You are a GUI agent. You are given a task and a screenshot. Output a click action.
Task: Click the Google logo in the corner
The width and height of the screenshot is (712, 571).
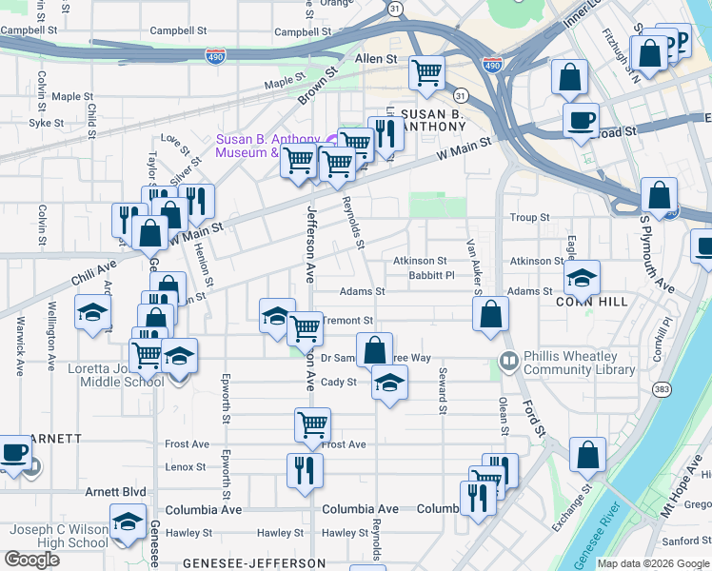[x=31, y=560]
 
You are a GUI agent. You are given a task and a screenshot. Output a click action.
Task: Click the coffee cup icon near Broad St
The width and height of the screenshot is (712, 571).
[x=580, y=121]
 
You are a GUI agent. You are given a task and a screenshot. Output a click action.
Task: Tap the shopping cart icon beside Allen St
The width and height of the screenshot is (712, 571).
[x=427, y=72]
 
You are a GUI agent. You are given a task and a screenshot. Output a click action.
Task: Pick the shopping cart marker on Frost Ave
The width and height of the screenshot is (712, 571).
[x=312, y=424]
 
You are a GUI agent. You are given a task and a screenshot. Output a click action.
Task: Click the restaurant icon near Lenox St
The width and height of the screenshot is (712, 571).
[x=305, y=470]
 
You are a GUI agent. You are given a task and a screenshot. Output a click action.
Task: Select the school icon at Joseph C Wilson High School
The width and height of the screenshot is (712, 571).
[x=128, y=522]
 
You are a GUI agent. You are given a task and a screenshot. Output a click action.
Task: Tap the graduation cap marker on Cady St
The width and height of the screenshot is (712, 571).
[x=388, y=382]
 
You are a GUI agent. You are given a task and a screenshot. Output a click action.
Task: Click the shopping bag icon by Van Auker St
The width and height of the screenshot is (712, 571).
[x=490, y=314]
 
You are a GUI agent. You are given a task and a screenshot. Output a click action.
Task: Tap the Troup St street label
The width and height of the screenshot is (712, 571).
[x=529, y=218]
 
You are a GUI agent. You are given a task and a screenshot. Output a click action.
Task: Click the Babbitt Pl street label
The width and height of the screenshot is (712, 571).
[x=431, y=276]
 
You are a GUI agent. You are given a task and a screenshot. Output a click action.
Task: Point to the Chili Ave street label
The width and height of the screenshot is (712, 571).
[x=91, y=264]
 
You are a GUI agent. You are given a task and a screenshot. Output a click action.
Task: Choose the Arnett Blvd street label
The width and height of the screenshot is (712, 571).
[x=116, y=492]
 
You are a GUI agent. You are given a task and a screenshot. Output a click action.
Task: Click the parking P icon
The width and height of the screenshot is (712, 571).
[x=680, y=42]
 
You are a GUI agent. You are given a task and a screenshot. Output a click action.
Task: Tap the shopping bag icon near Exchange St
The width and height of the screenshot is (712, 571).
[x=587, y=454]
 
